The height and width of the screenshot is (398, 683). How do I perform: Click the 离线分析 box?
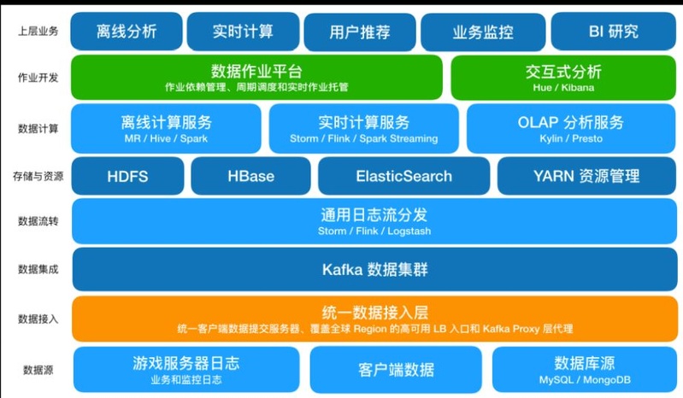(x=127, y=32)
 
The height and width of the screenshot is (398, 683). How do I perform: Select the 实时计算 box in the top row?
(x=243, y=32)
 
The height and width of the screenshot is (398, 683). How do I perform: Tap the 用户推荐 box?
(x=360, y=32)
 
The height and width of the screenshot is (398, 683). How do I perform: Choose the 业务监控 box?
(x=483, y=32)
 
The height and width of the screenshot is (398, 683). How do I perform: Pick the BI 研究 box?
(x=613, y=32)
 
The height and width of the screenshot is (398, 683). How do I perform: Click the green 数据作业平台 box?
(x=256, y=78)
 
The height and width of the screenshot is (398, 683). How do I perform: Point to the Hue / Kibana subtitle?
(x=563, y=87)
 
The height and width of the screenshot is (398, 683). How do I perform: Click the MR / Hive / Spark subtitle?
(x=166, y=138)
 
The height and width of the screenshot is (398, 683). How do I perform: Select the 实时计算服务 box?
(x=363, y=128)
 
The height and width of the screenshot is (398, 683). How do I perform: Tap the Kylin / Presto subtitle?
(x=571, y=138)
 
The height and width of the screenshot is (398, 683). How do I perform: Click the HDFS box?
(x=127, y=176)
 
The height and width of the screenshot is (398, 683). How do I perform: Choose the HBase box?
(x=251, y=176)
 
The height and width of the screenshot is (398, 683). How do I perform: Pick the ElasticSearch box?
(x=403, y=176)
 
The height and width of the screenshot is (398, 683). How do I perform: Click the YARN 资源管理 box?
(x=586, y=176)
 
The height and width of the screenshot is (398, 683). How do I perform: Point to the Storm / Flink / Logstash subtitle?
(x=374, y=231)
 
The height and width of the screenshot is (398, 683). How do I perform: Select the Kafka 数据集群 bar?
(x=374, y=269)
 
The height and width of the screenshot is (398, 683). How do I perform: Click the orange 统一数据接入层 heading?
(x=374, y=313)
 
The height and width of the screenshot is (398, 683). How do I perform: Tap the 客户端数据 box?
(x=396, y=370)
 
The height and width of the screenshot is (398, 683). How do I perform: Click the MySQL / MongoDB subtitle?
(x=585, y=380)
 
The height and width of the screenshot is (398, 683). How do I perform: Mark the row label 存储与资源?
(x=38, y=176)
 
